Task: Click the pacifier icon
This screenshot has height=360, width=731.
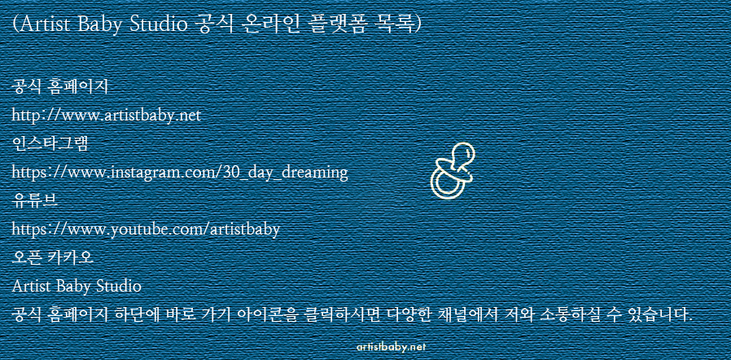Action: tap(452, 171)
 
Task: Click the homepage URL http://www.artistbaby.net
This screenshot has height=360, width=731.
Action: tap(107, 115)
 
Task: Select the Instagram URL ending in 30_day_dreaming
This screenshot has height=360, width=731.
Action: tap(180, 173)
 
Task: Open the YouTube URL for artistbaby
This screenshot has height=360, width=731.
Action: tap(146, 230)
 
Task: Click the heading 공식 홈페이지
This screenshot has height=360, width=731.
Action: tap(60, 86)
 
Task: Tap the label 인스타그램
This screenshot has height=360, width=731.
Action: tap(50, 144)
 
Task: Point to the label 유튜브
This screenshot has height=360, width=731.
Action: tap(36, 201)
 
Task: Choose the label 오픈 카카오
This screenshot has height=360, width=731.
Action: tap(53, 258)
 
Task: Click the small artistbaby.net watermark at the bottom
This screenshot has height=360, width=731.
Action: tap(391, 347)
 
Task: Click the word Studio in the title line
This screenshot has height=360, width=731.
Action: tap(156, 24)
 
